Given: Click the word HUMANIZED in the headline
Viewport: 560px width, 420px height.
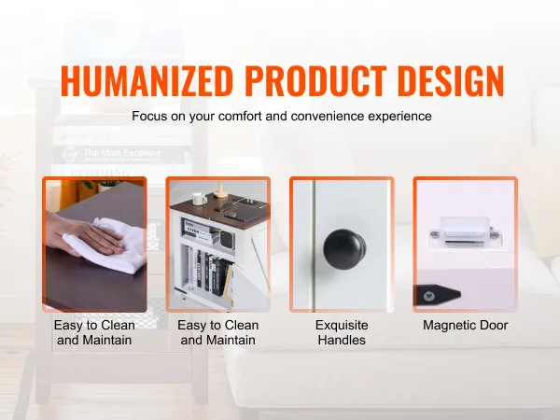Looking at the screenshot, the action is (x=147, y=80).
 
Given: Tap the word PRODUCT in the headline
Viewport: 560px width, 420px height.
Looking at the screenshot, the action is (x=315, y=80).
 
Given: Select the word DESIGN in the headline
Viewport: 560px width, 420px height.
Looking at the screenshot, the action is (x=451, y=80).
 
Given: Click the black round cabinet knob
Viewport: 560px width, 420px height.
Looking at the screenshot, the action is (x=344, y=249).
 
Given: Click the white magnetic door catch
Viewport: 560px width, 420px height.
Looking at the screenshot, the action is (x=466, y=232).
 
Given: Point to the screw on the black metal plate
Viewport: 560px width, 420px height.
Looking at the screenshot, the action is (x=427, y=296).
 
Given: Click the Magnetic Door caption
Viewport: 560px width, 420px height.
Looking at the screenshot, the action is (x=466, y=325).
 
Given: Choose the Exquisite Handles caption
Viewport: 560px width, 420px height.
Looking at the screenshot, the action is (x=342, y=332).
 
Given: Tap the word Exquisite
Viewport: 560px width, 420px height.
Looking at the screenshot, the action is (x=342, y=325).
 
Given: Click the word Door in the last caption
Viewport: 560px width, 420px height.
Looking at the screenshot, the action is (x=493, y=325).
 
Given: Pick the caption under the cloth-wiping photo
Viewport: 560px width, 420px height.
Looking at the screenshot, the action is (x=94, y=332).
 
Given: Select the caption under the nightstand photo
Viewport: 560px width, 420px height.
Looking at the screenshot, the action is (x=217, y=332).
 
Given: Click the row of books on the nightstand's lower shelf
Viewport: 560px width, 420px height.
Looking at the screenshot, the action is (x=212, y=273).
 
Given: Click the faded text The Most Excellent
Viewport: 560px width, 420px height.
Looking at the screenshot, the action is (x=121, y=153).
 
